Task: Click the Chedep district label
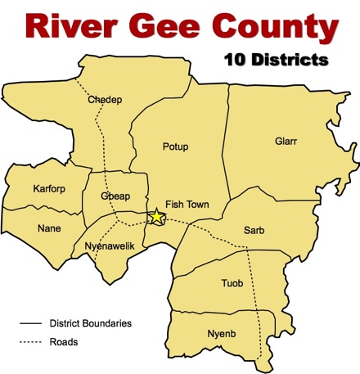(x=105, y=101)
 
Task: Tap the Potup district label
(x=176, y=146)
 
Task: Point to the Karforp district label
(x=49, y=190)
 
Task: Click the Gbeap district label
(x=115, y=198)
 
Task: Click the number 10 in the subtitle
(x=233, y=60)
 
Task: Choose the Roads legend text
(x=63, y=342)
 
